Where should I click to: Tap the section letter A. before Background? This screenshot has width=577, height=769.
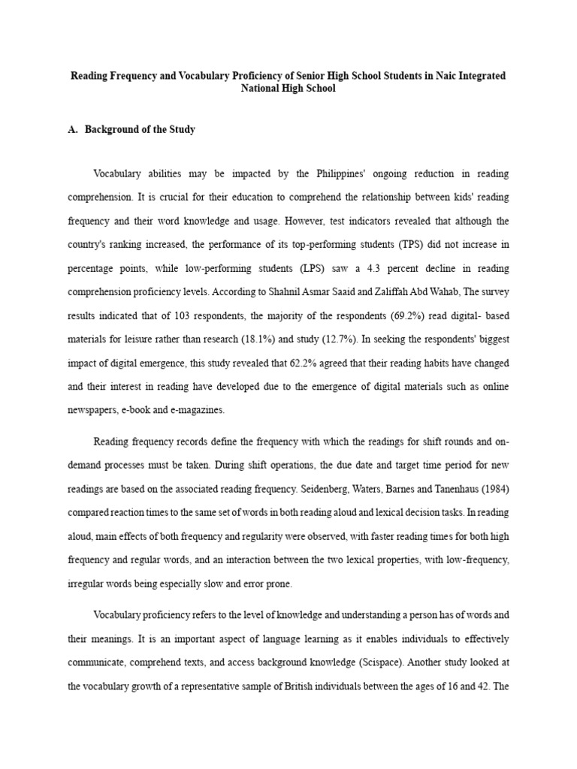coord(73,129)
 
